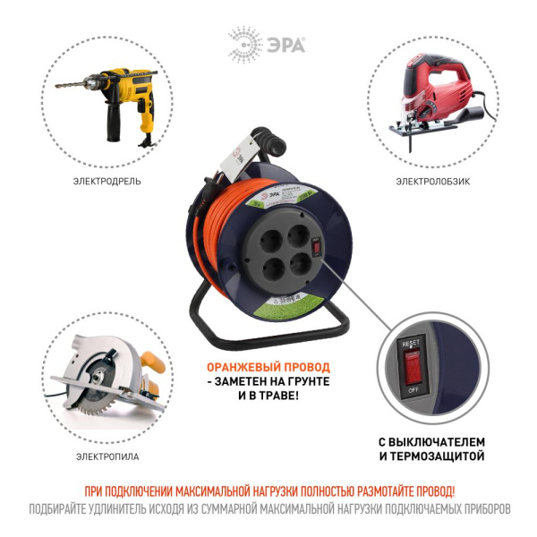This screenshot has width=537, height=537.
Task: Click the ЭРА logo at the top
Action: click(x=267, y=42)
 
